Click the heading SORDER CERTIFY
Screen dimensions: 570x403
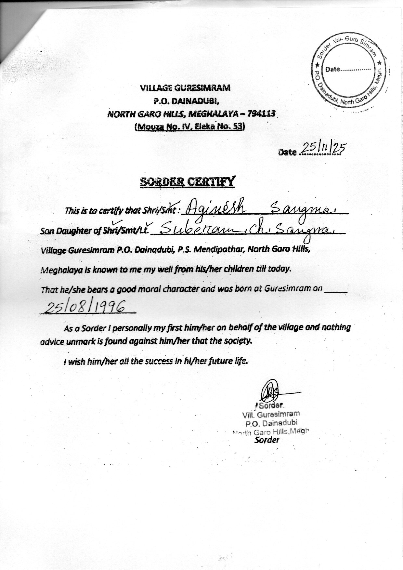[x=187, y=181]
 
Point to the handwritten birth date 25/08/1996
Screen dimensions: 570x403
[x=86, y=307]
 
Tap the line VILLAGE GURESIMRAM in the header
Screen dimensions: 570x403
[x=185, y=87]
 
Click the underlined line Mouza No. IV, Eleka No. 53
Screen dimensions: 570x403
[x=189, y=126]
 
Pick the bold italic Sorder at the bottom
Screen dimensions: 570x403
[x=267, y=440]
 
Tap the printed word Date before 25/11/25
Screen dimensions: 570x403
[x=287, y=152]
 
